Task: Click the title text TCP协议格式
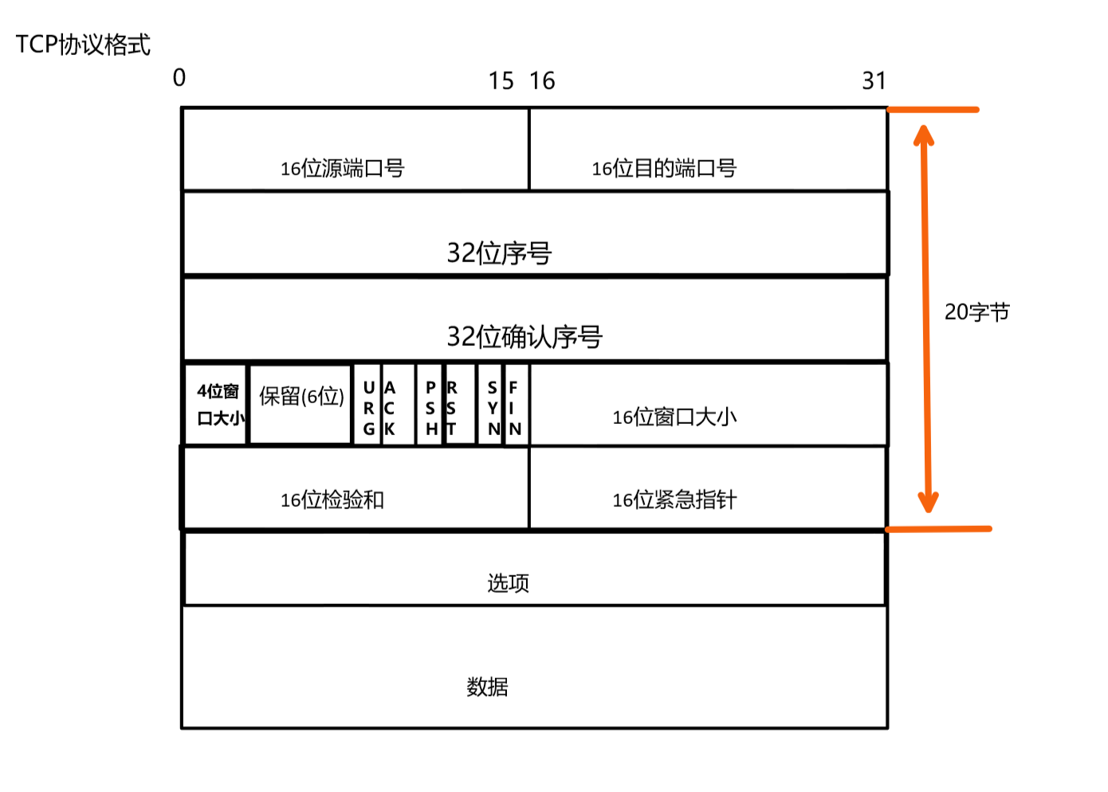pyautogui.click(x=83, y=45)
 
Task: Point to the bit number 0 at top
pyautogui.click(x=179, y=77)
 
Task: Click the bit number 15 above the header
pyautogui.click(x=501, y=80)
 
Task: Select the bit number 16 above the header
pyautogui.click(x=542, y=80)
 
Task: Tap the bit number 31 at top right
pyautogui.click(x=874, y=80)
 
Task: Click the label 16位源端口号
pyautogui.click(x=342, y=168)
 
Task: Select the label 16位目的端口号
pyautogui.click(x=663, y=168)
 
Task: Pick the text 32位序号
pyautogui.click(x=499, y=253)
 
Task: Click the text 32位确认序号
pyautogui.click(x=524, y=337)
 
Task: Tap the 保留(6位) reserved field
pyautogui.click(x=301, y=397)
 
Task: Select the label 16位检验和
pyautogui.click(x=332, y=500)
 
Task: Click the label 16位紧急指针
pyautogui.click(x=674, y=500)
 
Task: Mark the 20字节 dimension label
pyautogui.click(x=976, y=312)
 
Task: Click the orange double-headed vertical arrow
pyautogui.click(x=925, y=319)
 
